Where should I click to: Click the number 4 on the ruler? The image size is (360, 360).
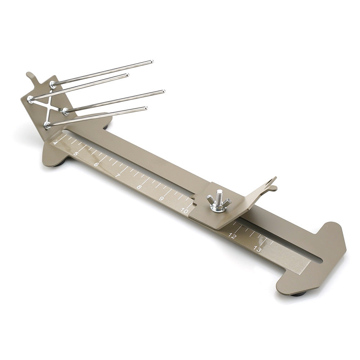[x=55, y=143]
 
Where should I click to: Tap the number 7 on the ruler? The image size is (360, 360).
[x=118, y=176]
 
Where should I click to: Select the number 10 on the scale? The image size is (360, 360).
[x=185, y=211]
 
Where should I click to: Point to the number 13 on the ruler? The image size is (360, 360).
[x=257, y=249]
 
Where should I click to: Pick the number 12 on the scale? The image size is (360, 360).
[x=232, y=236]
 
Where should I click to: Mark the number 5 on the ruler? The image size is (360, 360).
[x=76, y=154]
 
